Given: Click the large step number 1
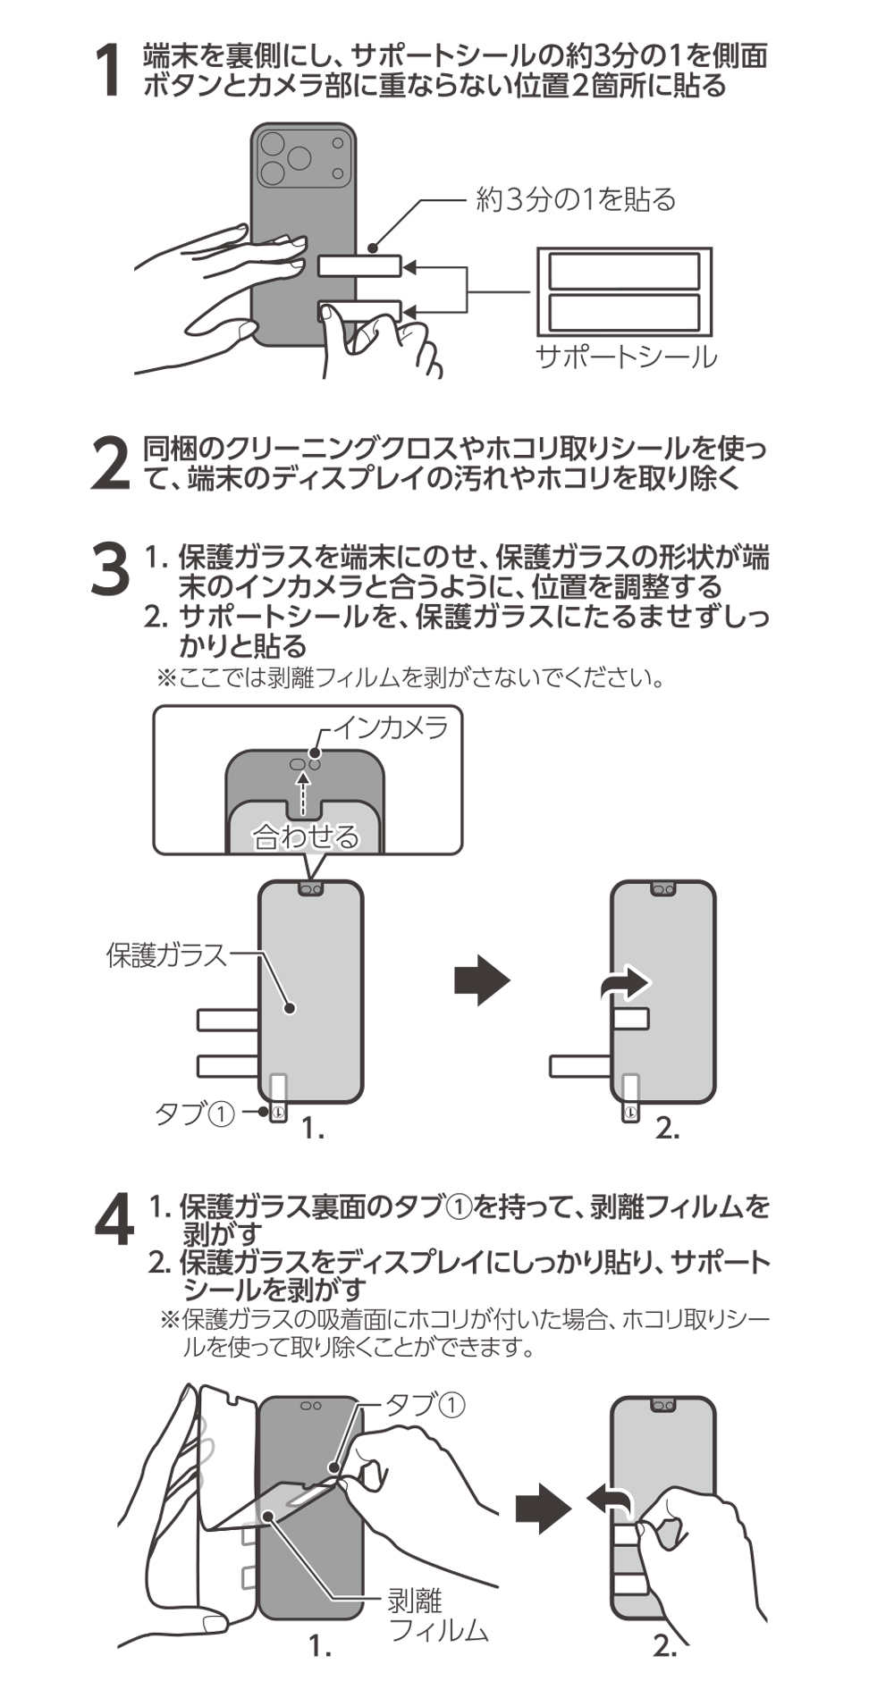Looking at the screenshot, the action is (109, 71).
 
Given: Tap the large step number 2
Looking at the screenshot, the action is (111, 464).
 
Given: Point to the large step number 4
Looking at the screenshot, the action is (114, 1219).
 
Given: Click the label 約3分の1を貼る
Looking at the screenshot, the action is (576, 198).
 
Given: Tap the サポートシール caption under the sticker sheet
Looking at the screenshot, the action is (626, 357).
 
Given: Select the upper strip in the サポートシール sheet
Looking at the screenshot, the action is (624, 271).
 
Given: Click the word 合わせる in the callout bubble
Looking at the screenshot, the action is (306, 836).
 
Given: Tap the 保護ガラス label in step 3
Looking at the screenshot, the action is (167, 954).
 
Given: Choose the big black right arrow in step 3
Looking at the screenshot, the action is (481, 980).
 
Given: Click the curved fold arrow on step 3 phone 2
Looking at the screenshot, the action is (624, 984).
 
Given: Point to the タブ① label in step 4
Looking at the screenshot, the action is (426, 1405).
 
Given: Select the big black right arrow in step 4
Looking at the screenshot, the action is (543, 1509).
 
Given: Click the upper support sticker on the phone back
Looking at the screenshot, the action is (359, 265).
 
